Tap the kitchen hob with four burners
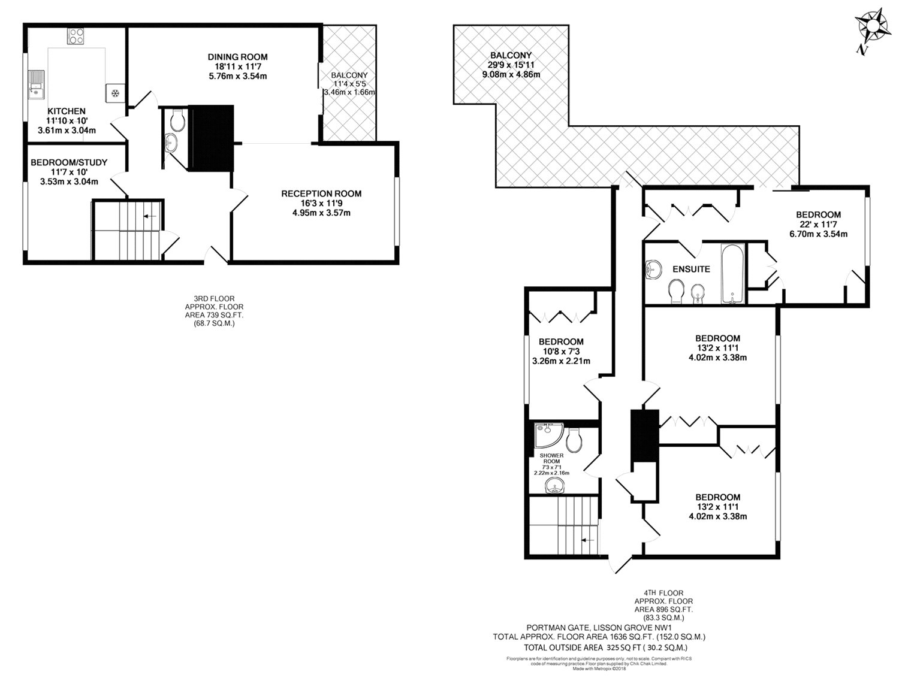[x=76, y=35]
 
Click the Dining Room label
[x=237, y=57]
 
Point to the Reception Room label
[x=321, y=193]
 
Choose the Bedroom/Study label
[x=69, y=162]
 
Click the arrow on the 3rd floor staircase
[x=150, y=216]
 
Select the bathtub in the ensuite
[x=733, y=273]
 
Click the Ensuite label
[x=692, y=270]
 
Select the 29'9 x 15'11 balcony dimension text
[x=511, y=65]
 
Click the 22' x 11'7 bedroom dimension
[x=819, y=224]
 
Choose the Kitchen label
[x=67, y=111]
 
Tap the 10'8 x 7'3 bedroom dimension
[x=561, y=352]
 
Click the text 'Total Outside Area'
[x=563, y=647]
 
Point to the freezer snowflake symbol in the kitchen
[x=114, y=93]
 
